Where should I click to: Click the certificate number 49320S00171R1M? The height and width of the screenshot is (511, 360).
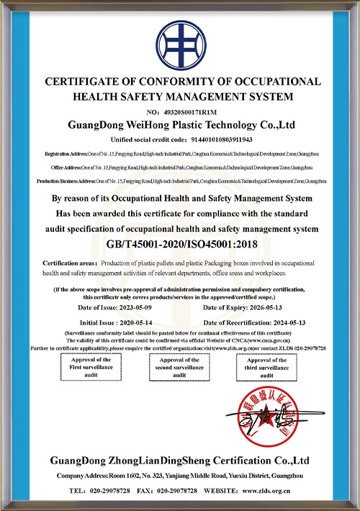pos(192,112)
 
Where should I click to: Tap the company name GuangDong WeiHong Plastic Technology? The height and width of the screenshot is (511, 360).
pos(180,125)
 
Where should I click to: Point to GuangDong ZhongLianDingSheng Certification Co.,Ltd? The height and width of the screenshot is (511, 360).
pos(179,461)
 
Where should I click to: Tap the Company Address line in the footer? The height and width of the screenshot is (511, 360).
pos(179,476)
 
